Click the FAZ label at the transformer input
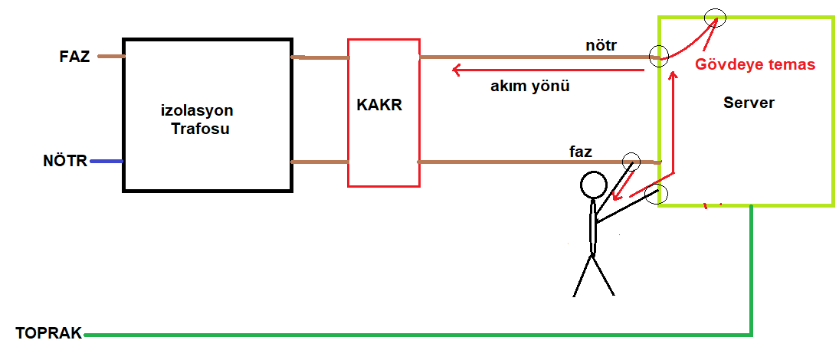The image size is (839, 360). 74,57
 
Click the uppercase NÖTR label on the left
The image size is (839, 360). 65,161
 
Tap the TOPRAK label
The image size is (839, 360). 49,333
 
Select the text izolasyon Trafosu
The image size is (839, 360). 198,119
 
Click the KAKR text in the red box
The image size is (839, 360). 379,105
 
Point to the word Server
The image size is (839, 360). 749,103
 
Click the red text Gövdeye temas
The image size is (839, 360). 755,65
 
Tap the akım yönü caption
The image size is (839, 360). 529,87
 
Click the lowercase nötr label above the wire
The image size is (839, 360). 601,46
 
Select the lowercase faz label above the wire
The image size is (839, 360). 581,152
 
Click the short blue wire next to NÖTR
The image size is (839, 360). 107,161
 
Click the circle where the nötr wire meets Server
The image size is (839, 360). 659,56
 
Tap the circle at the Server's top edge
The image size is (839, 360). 716,18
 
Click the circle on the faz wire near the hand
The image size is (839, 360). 632,161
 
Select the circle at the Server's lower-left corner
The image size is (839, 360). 657,195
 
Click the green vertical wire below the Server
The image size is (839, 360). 751,270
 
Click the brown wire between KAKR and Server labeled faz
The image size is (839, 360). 539,162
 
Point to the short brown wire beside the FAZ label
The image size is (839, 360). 111,56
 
